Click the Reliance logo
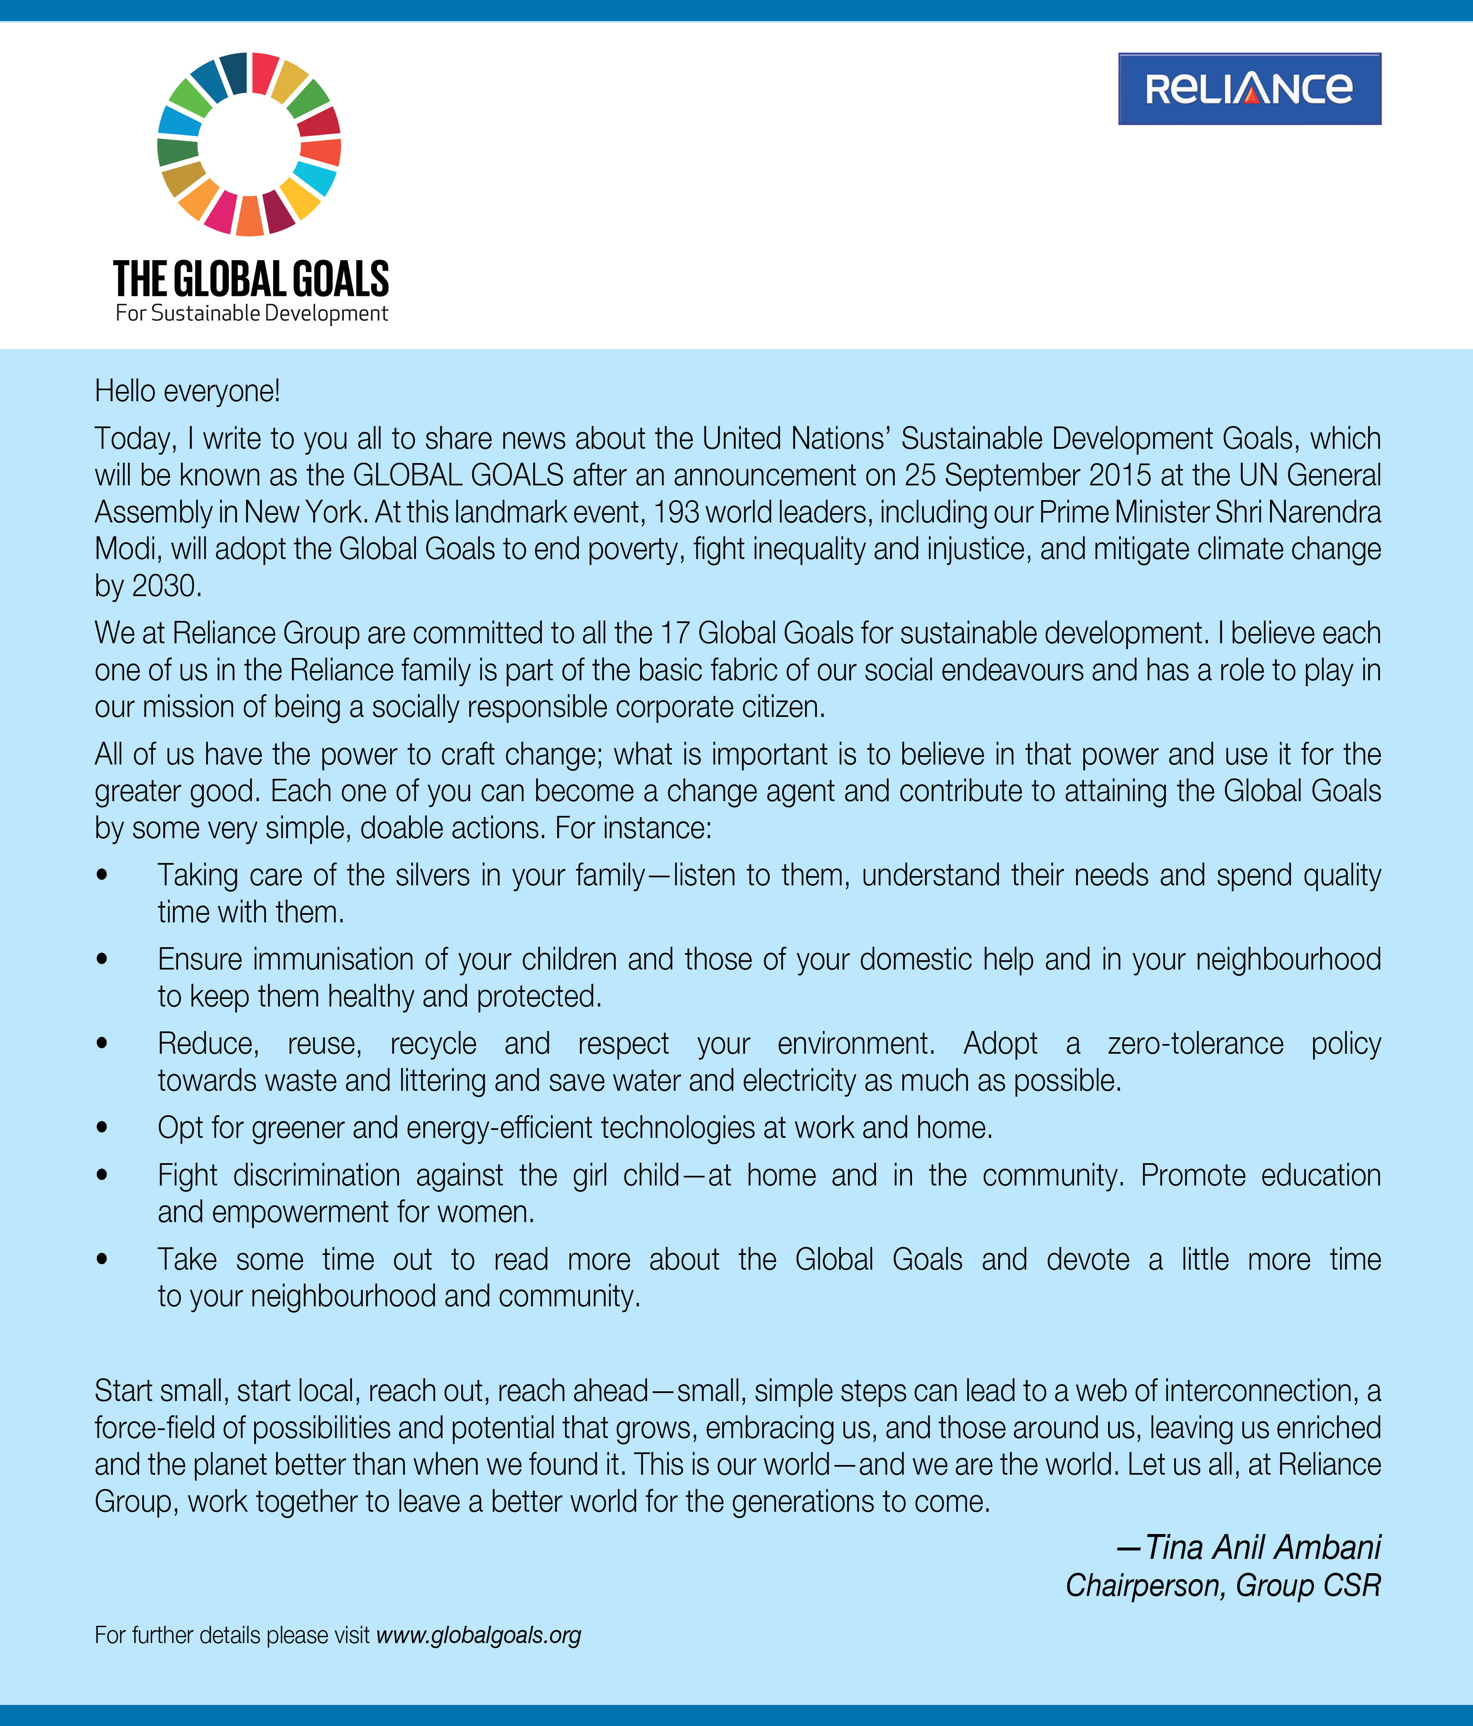click(1249, 89)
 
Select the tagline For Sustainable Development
click(252, 314)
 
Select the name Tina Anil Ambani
click(1262, 1547)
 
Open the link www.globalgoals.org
click(479, 1635)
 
